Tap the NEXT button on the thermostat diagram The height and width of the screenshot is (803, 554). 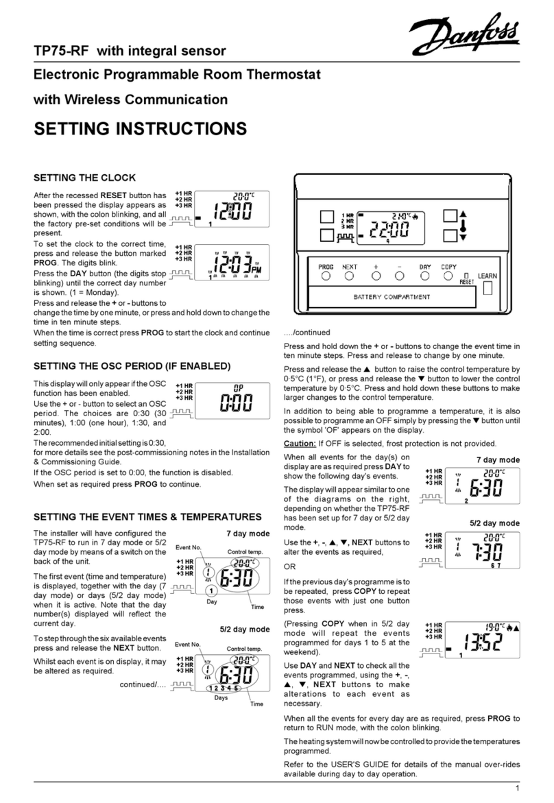click(349, 276)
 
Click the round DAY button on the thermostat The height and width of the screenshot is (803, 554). click(425, 276)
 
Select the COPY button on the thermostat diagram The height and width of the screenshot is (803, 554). click(448, 276)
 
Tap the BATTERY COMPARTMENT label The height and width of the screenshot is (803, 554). click(392, 297)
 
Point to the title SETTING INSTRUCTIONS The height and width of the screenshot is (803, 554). click(140, 128)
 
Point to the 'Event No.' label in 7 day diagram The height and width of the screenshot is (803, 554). click(188, 547)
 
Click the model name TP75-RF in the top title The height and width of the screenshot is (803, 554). click(60, 49)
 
